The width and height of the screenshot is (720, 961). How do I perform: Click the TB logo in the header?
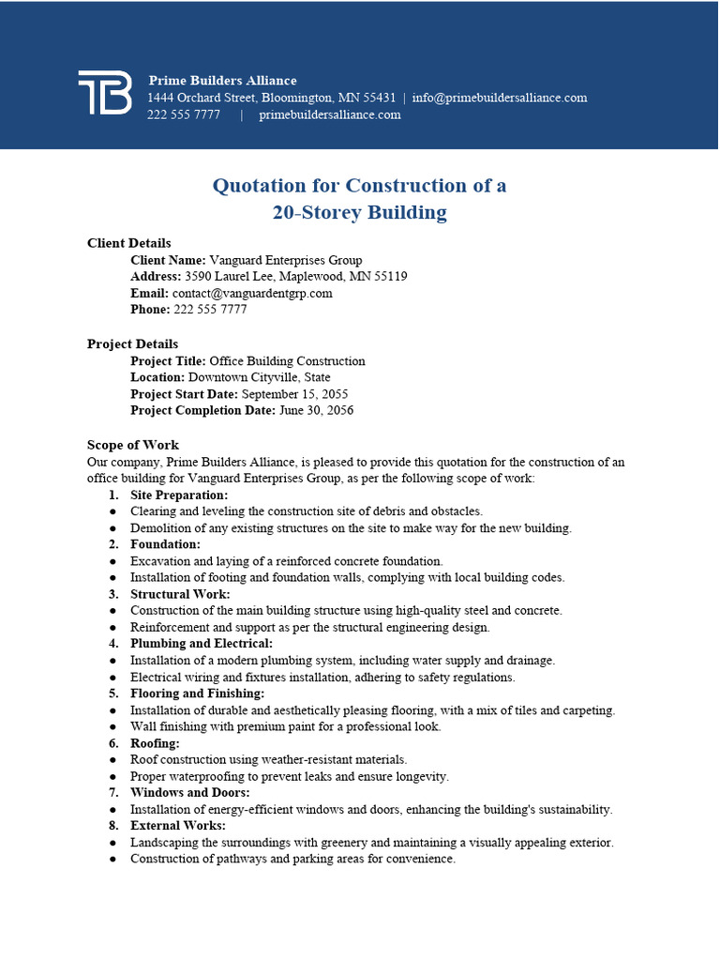click(x=104, y=92)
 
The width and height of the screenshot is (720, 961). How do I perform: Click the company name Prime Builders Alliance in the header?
click(x=222, y=81)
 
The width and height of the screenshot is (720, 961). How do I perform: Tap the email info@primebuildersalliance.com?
click(x=500, y=98)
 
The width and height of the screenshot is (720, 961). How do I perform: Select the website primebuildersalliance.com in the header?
click(x=330, y=114)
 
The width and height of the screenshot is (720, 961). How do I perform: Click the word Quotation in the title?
click(x=260, y=186)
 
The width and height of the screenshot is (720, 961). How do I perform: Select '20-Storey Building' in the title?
click(x=360, y=212)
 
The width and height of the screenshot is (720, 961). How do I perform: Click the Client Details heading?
click(x=129, y=243)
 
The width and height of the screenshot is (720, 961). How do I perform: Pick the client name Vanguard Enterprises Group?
click(x=286, y=260)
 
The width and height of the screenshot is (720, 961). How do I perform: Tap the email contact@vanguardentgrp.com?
click(x=252, y=293)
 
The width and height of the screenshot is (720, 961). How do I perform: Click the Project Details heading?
click(x=132, y=344)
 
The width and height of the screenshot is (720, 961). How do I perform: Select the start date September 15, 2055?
click(x=295, y=394)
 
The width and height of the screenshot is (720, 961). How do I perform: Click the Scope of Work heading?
click(x=133, y=445)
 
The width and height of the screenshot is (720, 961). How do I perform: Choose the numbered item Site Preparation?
click(x=179, y=495)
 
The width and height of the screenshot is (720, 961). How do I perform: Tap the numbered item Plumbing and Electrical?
click(x=202, y=644)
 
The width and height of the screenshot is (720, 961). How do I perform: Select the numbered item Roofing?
click(x=155, y=743)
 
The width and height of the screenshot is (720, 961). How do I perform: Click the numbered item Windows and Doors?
click(x=190, y=793)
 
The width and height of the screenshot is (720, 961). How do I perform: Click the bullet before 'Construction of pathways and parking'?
click(x=113, y=860)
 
